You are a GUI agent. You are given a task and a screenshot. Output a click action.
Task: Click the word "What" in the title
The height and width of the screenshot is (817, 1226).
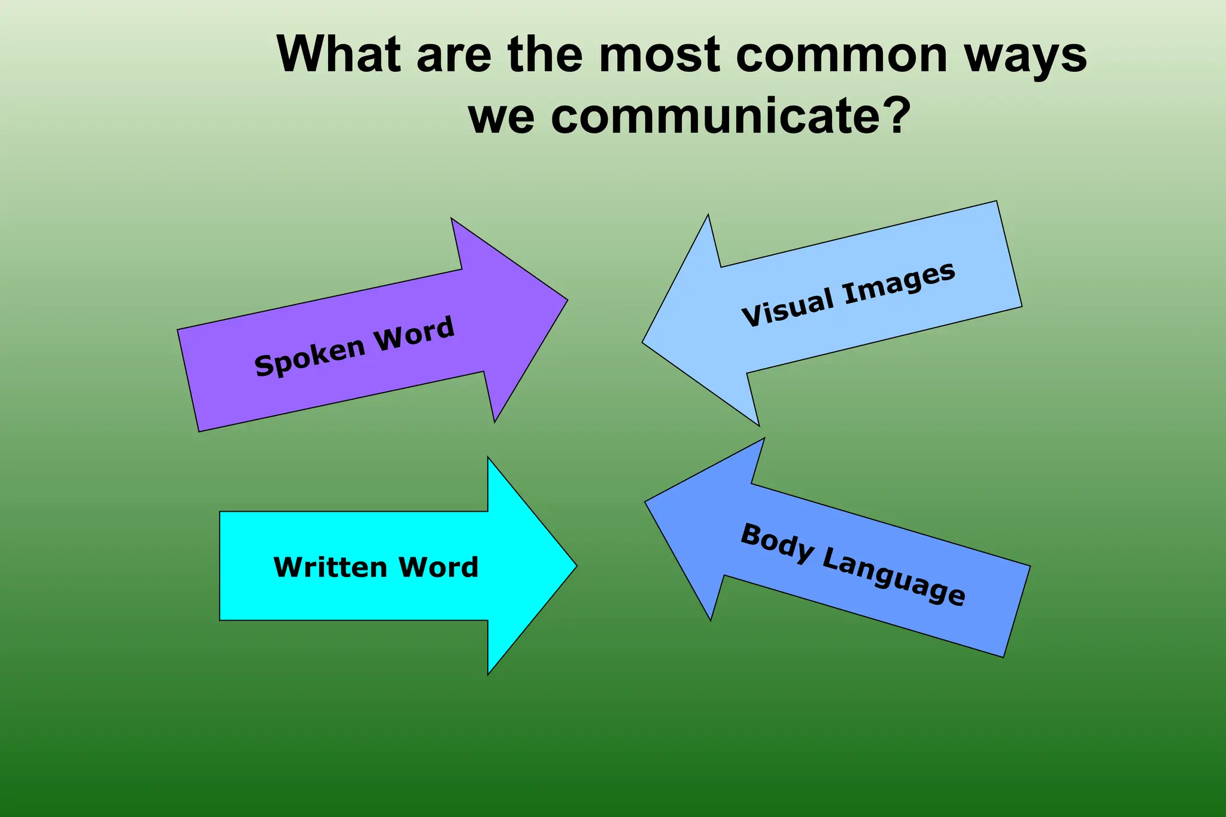click(339, 54)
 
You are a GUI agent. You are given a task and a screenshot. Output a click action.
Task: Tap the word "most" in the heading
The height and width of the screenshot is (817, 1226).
click(660, 54)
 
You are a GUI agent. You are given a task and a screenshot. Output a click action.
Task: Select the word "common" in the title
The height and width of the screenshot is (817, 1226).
click(841, 56)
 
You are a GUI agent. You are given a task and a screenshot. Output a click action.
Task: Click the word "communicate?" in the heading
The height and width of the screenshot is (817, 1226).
click(730, 116)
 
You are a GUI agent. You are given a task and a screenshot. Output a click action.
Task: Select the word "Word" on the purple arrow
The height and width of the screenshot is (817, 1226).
click(414, 334)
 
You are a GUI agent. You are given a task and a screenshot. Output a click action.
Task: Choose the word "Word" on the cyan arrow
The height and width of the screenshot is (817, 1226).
click(439, 567)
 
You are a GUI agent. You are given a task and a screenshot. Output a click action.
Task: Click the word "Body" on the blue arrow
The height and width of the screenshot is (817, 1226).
click(777, 543)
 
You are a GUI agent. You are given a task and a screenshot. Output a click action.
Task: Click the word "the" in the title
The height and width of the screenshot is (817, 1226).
click(545, 54)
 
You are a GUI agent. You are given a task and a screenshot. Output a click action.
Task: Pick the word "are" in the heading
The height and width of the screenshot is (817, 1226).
click(454, 56)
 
